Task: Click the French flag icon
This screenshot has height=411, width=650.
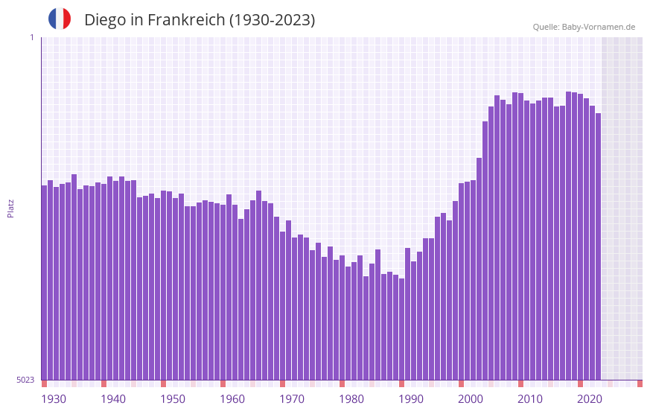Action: coord(60,19)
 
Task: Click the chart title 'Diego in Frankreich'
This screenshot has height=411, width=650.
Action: coord(200,20)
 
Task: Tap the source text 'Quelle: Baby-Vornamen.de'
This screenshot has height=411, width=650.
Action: coord(584,27)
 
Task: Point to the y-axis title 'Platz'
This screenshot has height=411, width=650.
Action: coord(10,208)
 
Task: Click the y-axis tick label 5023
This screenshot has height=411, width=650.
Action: coord(25,380)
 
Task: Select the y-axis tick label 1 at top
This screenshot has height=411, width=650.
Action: coord(31,37)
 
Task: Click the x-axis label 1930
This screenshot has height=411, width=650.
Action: coord(54,399)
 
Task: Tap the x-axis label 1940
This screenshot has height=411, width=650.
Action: coord(113,399)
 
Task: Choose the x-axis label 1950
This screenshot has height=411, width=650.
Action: coord(173,399)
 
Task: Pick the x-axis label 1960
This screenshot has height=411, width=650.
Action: coord(232,399)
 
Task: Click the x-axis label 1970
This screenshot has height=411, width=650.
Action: coord(292,399)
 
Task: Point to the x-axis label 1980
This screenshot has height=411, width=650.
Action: coord(351,399)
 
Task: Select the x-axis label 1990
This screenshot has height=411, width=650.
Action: coord(411,399)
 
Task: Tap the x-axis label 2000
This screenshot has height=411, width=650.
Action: coord(471,399)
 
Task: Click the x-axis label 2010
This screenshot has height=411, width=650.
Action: coord(530,399)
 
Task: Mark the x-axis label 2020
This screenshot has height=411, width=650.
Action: coord(590,399)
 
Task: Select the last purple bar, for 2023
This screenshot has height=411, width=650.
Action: coord(598,246)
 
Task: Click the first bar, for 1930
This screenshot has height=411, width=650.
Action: coord(44,283)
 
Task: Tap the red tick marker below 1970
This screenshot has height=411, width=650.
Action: coord(282,383)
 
